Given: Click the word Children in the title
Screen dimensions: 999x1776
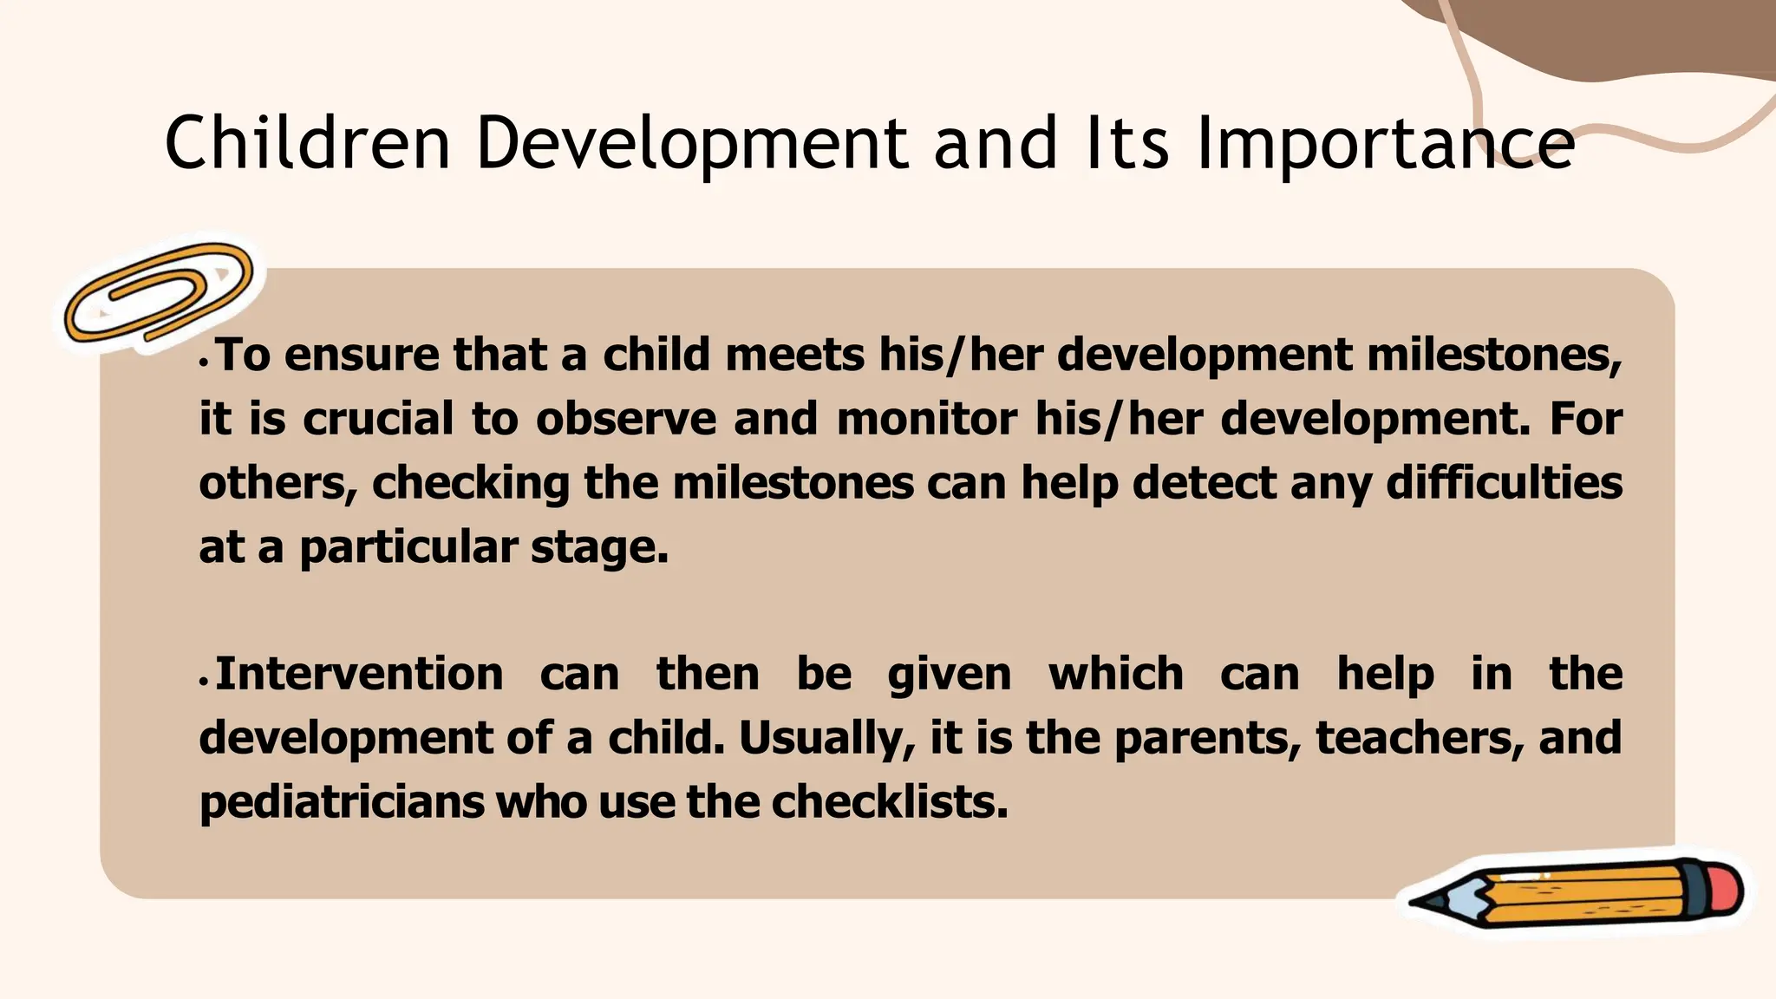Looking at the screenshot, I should (308, 142).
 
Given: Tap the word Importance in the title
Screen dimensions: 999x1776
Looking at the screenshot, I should (1385, 144).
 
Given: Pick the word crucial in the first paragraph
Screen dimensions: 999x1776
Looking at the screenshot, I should (378, 419).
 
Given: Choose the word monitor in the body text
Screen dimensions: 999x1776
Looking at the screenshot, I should (926, 419).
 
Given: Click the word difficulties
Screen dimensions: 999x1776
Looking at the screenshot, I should (1504, 483).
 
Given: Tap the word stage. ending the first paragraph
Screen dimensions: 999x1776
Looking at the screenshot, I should (599, 547).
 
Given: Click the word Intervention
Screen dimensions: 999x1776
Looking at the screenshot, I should (359, 675).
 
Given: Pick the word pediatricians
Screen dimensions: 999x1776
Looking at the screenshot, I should (342, 802).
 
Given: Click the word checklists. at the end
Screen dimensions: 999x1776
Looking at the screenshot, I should (890, 802).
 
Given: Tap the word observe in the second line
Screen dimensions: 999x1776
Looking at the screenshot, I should (626, 419).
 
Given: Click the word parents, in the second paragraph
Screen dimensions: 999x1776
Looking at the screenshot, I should (1207, 738).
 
